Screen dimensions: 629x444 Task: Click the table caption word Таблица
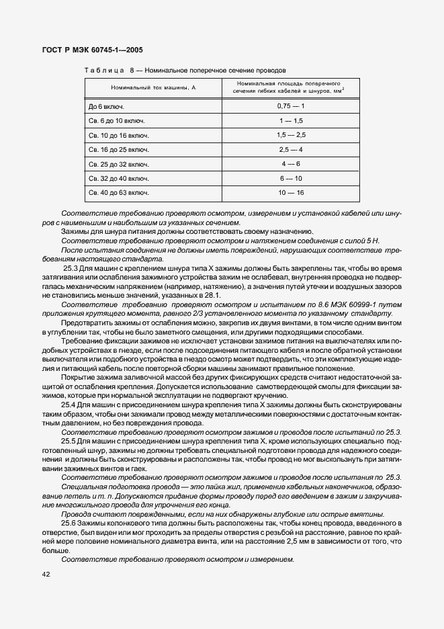[x=104, y=70]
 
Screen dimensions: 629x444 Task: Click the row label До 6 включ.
[x=106, y=106]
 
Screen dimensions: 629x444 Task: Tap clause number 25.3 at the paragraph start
[x=71, y=268]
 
